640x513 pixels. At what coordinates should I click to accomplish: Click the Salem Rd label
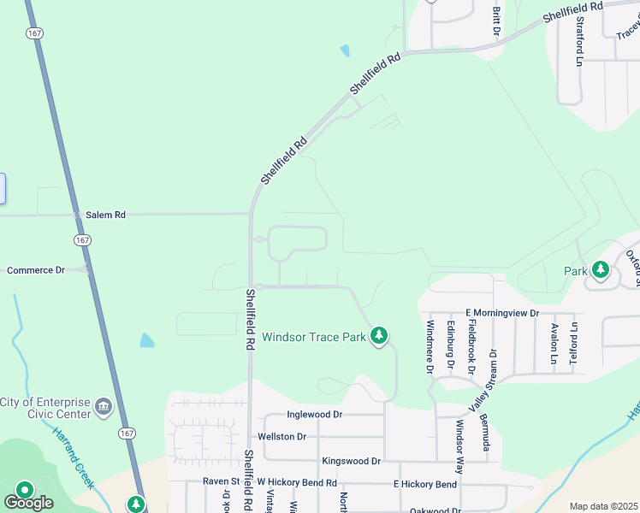point(105,215)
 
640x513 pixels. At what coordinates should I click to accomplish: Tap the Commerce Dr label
point(36,270)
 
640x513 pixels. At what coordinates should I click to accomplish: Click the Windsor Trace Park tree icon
point(379,336)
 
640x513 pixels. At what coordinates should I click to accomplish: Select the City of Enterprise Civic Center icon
point(103,404)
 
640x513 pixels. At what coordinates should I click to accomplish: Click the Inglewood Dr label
point(315,415)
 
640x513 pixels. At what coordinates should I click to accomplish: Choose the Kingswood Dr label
point(351,461)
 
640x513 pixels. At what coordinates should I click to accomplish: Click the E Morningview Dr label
point(502,313)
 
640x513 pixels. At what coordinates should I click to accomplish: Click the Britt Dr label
point(496,21)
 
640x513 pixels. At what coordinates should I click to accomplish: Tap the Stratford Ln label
point(579,39)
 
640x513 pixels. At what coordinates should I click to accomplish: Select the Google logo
point(27,502)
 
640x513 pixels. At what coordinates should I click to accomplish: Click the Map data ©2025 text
point(603,506)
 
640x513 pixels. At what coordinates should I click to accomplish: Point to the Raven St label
point(221,481)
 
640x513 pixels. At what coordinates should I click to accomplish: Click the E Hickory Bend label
point(425,484)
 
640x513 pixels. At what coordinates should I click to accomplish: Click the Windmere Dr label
point(430,346)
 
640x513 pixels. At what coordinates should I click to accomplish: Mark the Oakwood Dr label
point(436,510)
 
